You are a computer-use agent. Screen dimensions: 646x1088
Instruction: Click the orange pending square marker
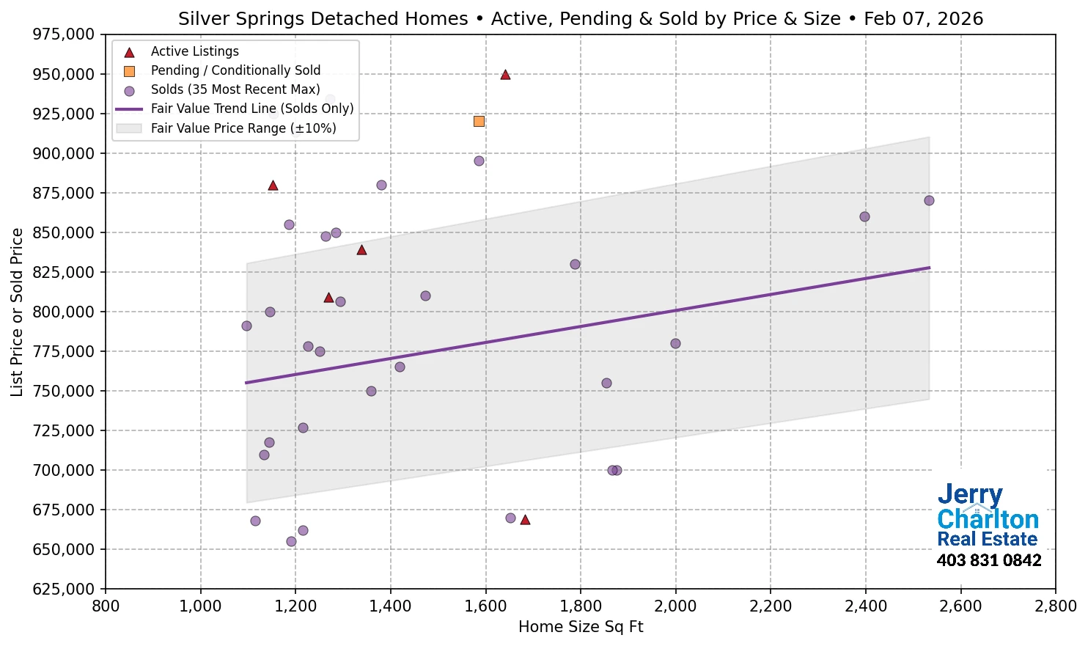[479, 121]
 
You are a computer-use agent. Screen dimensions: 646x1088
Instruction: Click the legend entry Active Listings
[194, 51]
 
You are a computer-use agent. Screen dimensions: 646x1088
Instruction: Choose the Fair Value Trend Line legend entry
[251, 109]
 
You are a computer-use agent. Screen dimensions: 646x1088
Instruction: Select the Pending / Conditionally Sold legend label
[235, 70]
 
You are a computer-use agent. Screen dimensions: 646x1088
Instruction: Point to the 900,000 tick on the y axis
[65, 153]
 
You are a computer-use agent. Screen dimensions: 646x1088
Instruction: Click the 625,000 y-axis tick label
[65, 589]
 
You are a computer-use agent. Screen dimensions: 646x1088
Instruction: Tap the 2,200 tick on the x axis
[771, 606]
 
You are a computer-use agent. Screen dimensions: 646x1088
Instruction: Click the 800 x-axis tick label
[106, 606]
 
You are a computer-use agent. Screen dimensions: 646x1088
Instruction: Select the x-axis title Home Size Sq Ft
[580, 627]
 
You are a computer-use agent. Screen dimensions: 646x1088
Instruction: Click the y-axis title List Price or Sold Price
[17, 312]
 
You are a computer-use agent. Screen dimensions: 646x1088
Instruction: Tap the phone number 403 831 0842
[988, 560]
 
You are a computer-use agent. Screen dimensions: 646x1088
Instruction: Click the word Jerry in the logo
[969, 495]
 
